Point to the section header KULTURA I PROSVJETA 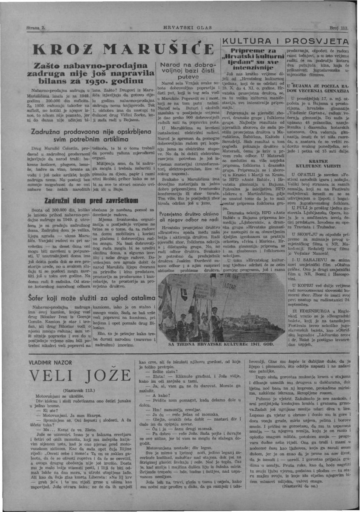pos(288,42)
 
